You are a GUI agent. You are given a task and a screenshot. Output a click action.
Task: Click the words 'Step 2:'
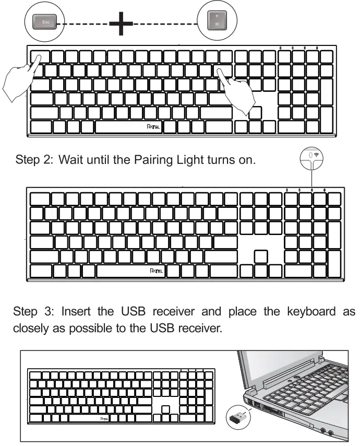click(34, 160)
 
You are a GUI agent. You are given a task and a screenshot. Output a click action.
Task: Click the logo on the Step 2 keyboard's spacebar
click(156, 271)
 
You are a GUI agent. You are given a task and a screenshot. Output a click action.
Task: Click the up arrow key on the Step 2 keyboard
click(260, 256)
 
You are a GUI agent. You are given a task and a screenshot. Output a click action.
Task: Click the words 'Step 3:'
click(32, 312)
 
